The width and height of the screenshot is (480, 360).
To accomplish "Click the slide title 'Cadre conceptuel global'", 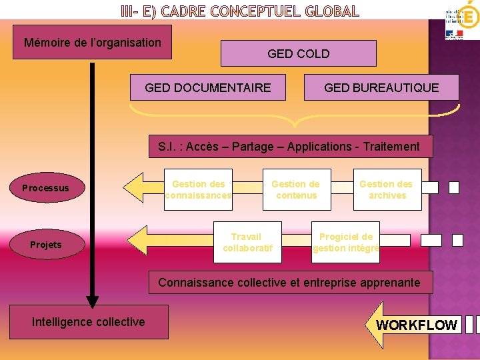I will pyautogui.click(x=240, y=11).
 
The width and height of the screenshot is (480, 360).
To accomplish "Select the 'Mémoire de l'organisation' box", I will pyautogui.click(x=92, y=43).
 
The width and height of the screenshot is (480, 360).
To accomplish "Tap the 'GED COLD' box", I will pyautogui.click(x=298, y=53).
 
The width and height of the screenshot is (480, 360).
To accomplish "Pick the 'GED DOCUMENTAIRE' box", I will pyautogui.click(x=208, y=87).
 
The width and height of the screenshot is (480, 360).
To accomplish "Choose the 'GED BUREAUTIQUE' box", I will pyautogui.click(x=381, y=87).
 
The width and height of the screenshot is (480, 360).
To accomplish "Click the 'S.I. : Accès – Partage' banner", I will pyautogui.click(x=289, y=147).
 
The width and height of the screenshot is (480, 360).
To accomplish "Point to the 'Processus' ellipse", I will pyautogui.click(x=45, y=188).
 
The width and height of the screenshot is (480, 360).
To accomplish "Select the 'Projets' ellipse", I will pyautogui.click(x=45, y=245).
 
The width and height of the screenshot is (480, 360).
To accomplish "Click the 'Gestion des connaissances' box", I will pyautogui.click(x=198, y=189).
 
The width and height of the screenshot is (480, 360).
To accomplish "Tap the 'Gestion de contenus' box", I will pyautogui.click(x=295, y=189).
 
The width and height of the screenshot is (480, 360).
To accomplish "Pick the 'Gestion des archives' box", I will pyautogui.click(x=387, y=189).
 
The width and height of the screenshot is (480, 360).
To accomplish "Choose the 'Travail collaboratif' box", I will pyautogui.click(x=247, y=242).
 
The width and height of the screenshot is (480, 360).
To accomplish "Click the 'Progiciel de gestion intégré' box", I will pyautogui.click(x=346, y=242).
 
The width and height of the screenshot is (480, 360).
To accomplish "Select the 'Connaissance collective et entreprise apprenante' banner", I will pyautogui.click(x=289, y=283).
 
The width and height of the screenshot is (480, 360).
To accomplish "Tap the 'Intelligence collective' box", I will pyautogui.click(x=89, y=322).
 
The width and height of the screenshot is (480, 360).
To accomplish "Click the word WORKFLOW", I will pyautogui.click(x=417, y=325).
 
